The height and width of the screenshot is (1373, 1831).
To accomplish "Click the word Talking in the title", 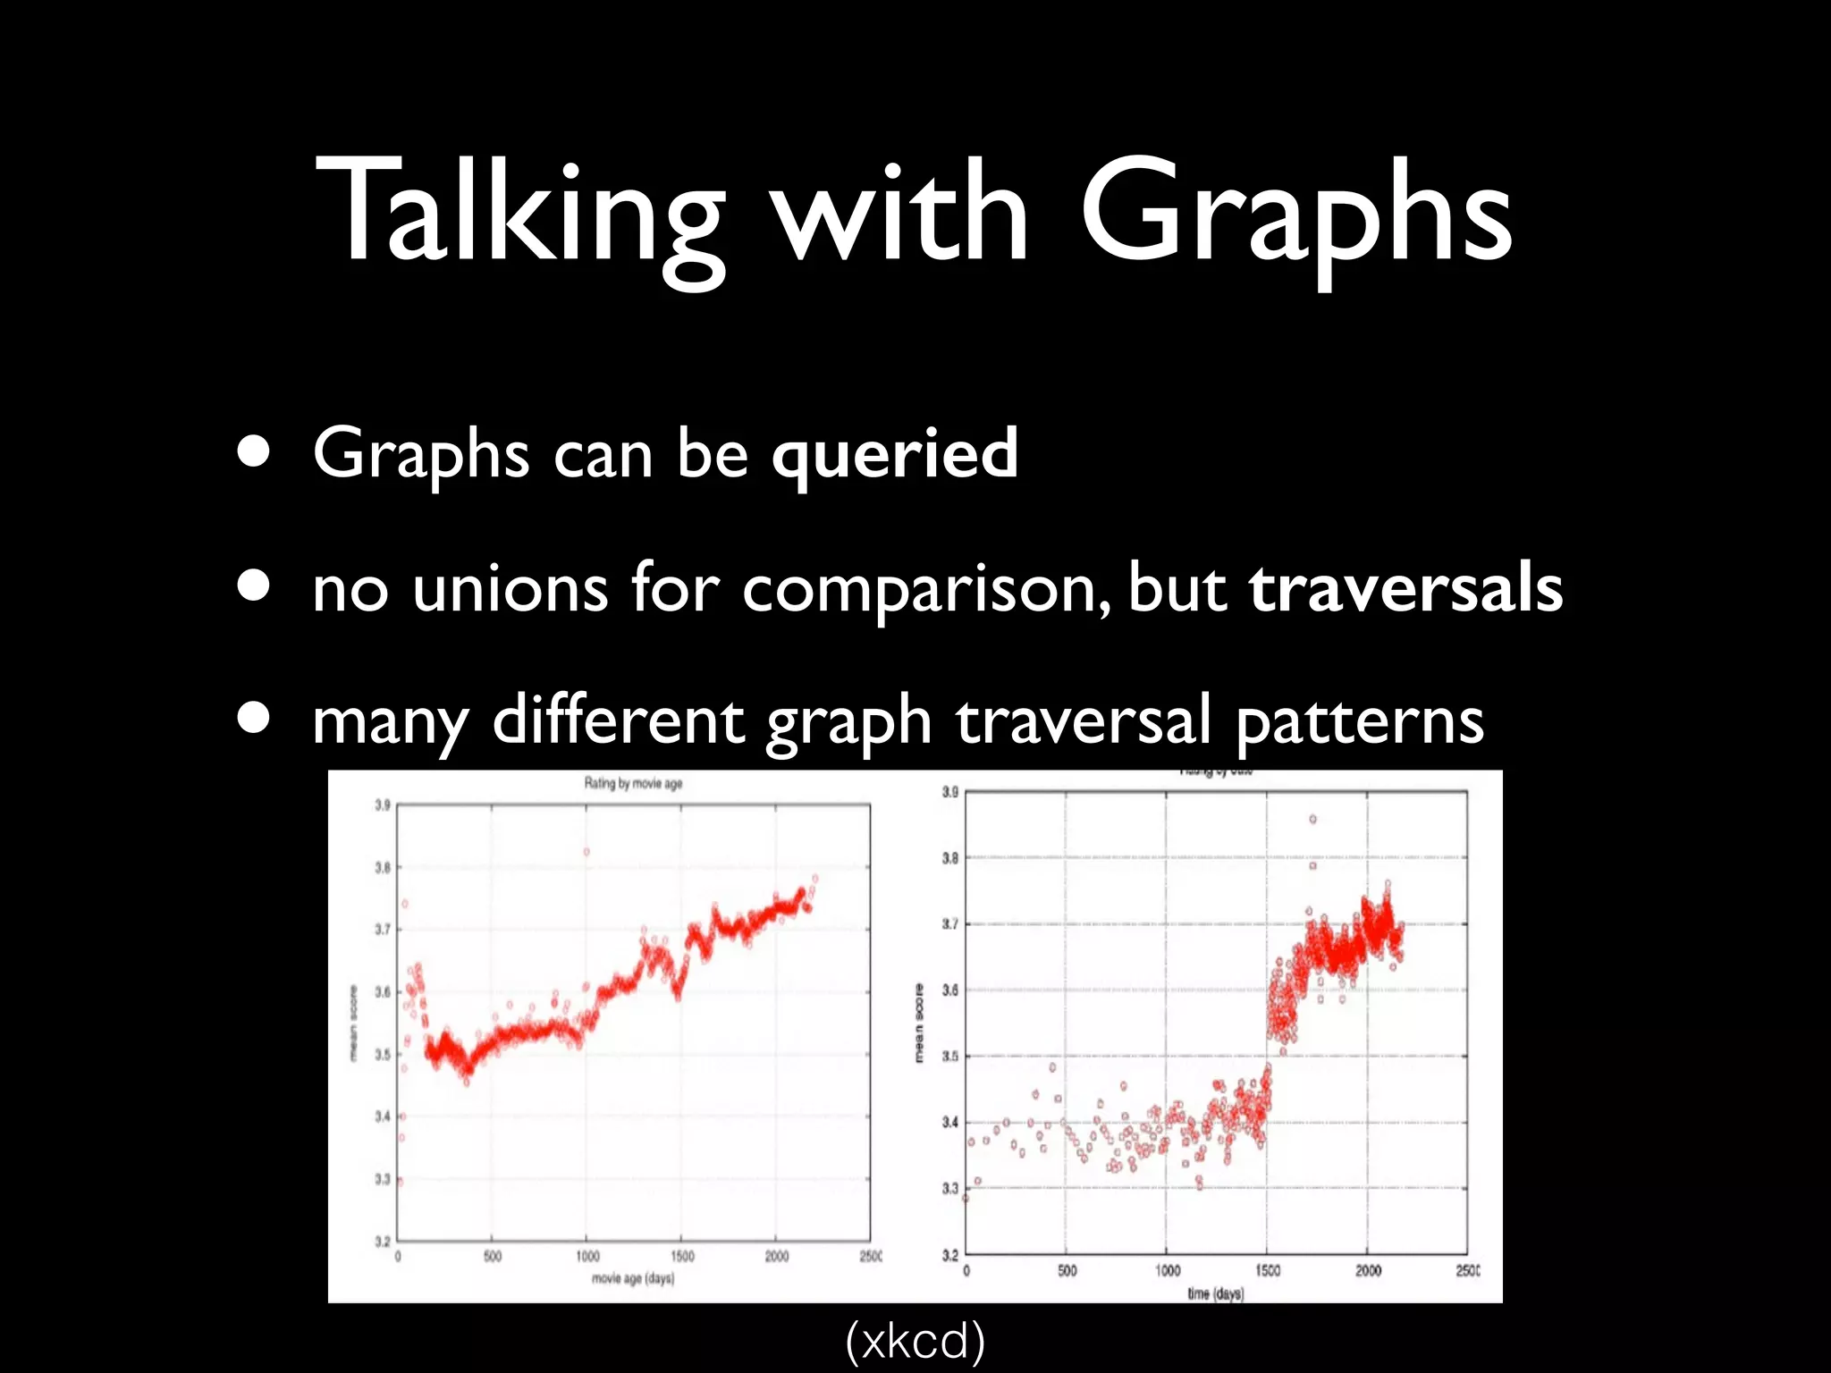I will click(519, 215).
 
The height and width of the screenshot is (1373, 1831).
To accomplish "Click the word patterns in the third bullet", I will click(1359, 722).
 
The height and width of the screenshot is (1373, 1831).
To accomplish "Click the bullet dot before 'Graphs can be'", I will click(255, 452).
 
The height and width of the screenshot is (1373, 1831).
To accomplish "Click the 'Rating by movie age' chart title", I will click(633, 784).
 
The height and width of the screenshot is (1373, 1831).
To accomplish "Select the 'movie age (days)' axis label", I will click(633, 1279).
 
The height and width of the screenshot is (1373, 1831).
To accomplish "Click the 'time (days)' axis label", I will click(1215, 1293).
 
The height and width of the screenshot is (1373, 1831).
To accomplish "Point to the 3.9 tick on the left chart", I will click(382, 805).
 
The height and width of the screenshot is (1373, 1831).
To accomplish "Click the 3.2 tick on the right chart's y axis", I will click(949, 1255).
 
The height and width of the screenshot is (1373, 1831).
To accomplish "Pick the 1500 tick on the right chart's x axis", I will click(1268, 1271).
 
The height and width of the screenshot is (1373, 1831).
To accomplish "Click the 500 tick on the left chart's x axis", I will click(492, 1257).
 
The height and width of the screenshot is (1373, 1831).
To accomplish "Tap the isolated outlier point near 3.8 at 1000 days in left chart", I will click(586, 852).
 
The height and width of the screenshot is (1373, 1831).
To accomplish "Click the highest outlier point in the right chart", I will click(1312, 819).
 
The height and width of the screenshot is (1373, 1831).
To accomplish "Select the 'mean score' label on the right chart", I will click(918, 1023).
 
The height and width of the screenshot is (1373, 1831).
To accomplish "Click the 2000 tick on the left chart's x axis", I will click(776, 1257).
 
